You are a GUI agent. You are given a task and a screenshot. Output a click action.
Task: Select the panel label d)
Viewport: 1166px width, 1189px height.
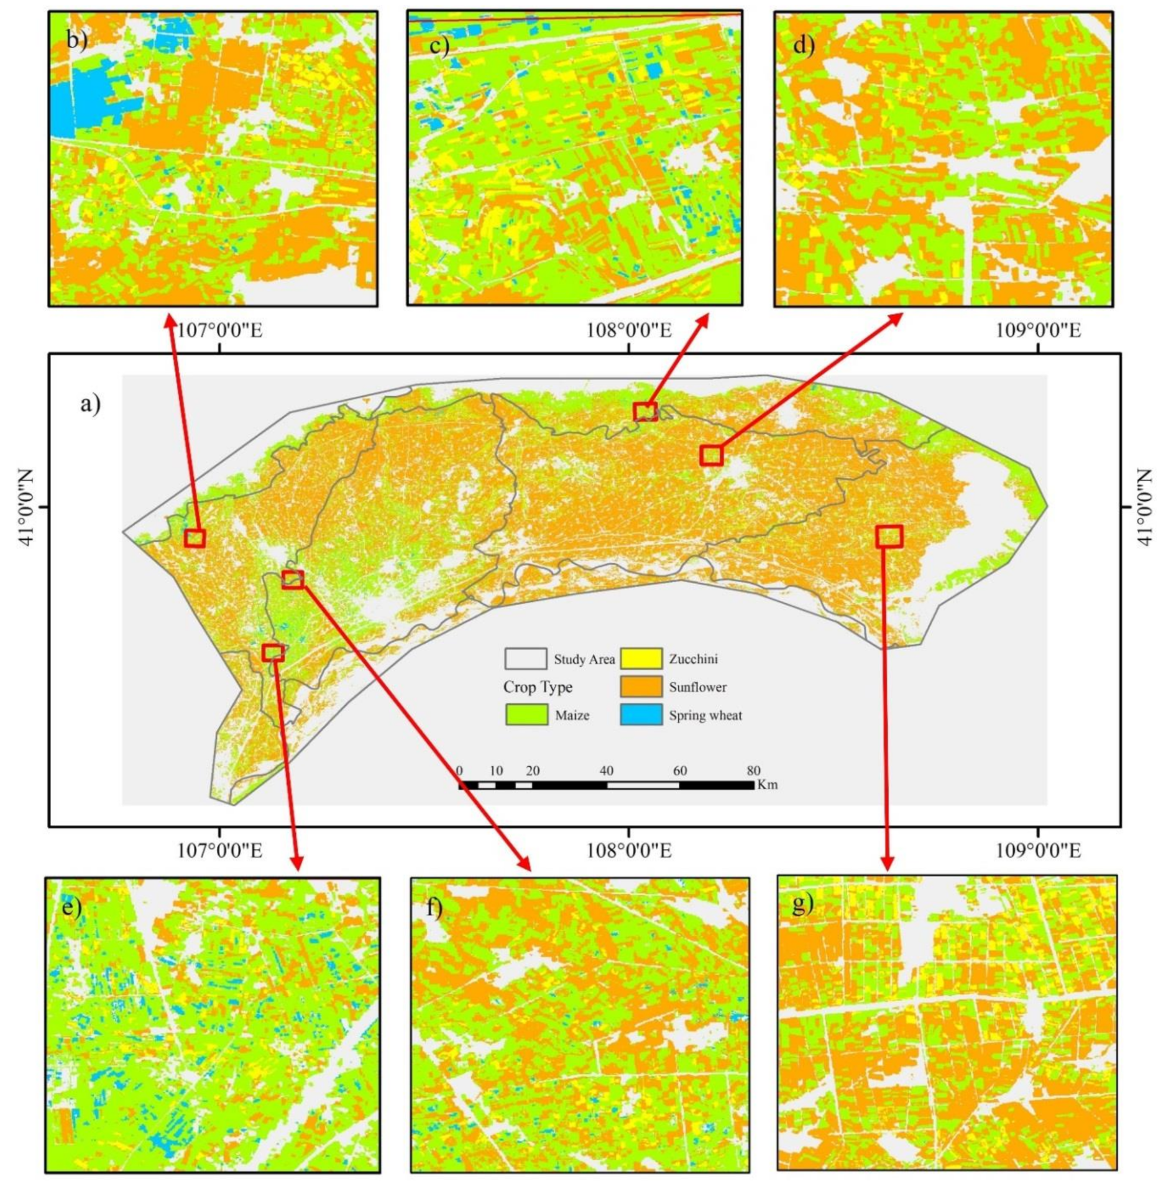(804, 45)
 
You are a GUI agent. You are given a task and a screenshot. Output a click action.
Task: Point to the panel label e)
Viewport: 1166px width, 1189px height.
(72, 908)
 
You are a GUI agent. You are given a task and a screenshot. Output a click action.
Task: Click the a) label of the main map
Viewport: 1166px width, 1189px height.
(91, 405)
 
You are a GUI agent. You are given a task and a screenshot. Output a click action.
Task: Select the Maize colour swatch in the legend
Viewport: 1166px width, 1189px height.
(526, 715)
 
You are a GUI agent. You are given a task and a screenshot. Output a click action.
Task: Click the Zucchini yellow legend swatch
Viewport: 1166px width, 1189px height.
(641, 659)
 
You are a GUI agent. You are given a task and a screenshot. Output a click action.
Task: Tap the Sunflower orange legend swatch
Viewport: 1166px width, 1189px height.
(641, 687)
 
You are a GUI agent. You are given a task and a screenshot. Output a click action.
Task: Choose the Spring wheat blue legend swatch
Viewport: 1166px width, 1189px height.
(641, 715)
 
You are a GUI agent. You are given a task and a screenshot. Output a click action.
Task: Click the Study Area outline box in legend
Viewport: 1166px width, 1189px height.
(526, 659)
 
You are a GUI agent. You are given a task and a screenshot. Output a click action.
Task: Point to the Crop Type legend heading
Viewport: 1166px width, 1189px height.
(538, 687)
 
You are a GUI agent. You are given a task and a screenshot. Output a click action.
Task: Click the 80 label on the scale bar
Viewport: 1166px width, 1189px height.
(753, 771)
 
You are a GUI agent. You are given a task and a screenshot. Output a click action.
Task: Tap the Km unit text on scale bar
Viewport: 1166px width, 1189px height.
(768, 785)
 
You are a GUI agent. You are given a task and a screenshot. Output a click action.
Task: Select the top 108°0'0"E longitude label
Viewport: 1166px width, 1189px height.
(628, 330)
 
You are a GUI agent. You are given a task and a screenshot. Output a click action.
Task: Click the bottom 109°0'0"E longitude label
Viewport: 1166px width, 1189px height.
(1038, 851)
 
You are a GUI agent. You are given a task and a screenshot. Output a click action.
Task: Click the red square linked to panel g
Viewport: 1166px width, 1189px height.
(889, 535)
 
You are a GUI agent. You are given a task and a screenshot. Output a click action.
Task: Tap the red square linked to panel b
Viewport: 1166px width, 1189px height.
(195, 538)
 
